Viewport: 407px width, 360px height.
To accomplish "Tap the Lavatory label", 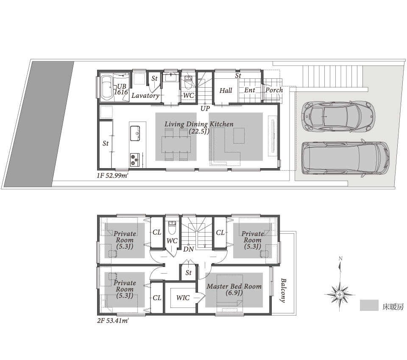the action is pos(145,95).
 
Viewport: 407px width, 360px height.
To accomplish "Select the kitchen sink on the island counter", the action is pos(135,133).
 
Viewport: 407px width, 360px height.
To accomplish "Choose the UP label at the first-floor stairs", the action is pos(205,108).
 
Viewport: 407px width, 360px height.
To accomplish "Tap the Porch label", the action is pos(274,90).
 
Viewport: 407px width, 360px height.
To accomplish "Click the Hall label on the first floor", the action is pos(226,91).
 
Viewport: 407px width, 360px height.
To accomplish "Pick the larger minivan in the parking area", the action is pos(346,158).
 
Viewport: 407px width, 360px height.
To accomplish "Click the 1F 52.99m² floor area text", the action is pos(112,176).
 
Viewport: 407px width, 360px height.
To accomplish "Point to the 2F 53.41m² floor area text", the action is pos(113,321).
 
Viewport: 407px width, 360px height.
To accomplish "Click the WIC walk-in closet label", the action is pos(183,298).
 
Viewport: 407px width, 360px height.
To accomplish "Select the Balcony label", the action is pos(283,291).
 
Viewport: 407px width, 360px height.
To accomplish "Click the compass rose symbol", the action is pos(340,295).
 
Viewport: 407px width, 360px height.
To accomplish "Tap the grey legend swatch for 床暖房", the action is pos(369,305).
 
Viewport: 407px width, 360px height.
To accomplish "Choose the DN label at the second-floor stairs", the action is pos(188,249).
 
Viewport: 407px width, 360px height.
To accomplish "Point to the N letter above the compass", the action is pos(340,258).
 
